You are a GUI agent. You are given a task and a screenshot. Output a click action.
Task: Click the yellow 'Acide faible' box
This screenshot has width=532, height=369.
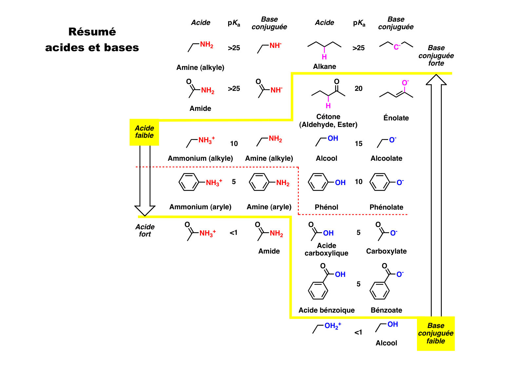tap(144, 132)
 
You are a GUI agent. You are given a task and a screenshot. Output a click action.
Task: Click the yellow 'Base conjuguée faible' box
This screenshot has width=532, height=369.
tap(436, 333)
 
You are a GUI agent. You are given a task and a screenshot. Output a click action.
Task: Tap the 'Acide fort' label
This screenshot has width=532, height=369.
tap(145, 230)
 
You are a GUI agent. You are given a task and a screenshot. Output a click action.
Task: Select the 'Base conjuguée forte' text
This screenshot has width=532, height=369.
tap(436, 55)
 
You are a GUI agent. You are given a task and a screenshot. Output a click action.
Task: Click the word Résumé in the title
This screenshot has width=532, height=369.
tap(92, 32)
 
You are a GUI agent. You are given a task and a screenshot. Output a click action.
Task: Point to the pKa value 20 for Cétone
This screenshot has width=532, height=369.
tap(359, 89)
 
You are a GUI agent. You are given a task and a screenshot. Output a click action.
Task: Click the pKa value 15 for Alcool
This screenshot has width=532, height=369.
tap(359, 144)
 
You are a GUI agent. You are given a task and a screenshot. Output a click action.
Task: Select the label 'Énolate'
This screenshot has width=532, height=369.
tap(396, 118)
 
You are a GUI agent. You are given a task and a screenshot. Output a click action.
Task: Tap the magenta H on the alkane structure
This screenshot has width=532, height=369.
tap(324, 57)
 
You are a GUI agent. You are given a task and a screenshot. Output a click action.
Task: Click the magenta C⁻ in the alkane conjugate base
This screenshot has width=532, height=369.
tap(397, 47)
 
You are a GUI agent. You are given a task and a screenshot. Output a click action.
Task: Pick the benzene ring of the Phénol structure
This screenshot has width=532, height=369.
tap(318, 182)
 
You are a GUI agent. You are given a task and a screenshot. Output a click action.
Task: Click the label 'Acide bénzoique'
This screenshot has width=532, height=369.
tap(326, 310)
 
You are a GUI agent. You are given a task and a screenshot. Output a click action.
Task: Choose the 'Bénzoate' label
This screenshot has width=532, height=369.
tap(386, 310)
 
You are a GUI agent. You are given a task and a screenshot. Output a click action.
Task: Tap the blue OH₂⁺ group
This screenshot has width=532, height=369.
tap(333, 326)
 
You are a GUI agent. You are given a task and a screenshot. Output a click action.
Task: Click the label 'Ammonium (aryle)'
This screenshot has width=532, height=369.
tap(200, 207)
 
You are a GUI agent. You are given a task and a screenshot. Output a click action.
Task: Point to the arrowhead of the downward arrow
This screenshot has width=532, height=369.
tap(145, 210)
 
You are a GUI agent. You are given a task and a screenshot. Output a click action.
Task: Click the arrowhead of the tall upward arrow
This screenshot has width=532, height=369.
tap(436, 80)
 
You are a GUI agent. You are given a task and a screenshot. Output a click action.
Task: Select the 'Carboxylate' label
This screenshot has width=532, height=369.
tap(386, 251)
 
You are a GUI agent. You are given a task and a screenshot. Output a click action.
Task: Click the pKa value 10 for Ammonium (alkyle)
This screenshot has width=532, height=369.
tap(234, 144)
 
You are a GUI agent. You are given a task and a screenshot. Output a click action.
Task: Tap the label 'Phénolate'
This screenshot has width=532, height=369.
tap(386, 207)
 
